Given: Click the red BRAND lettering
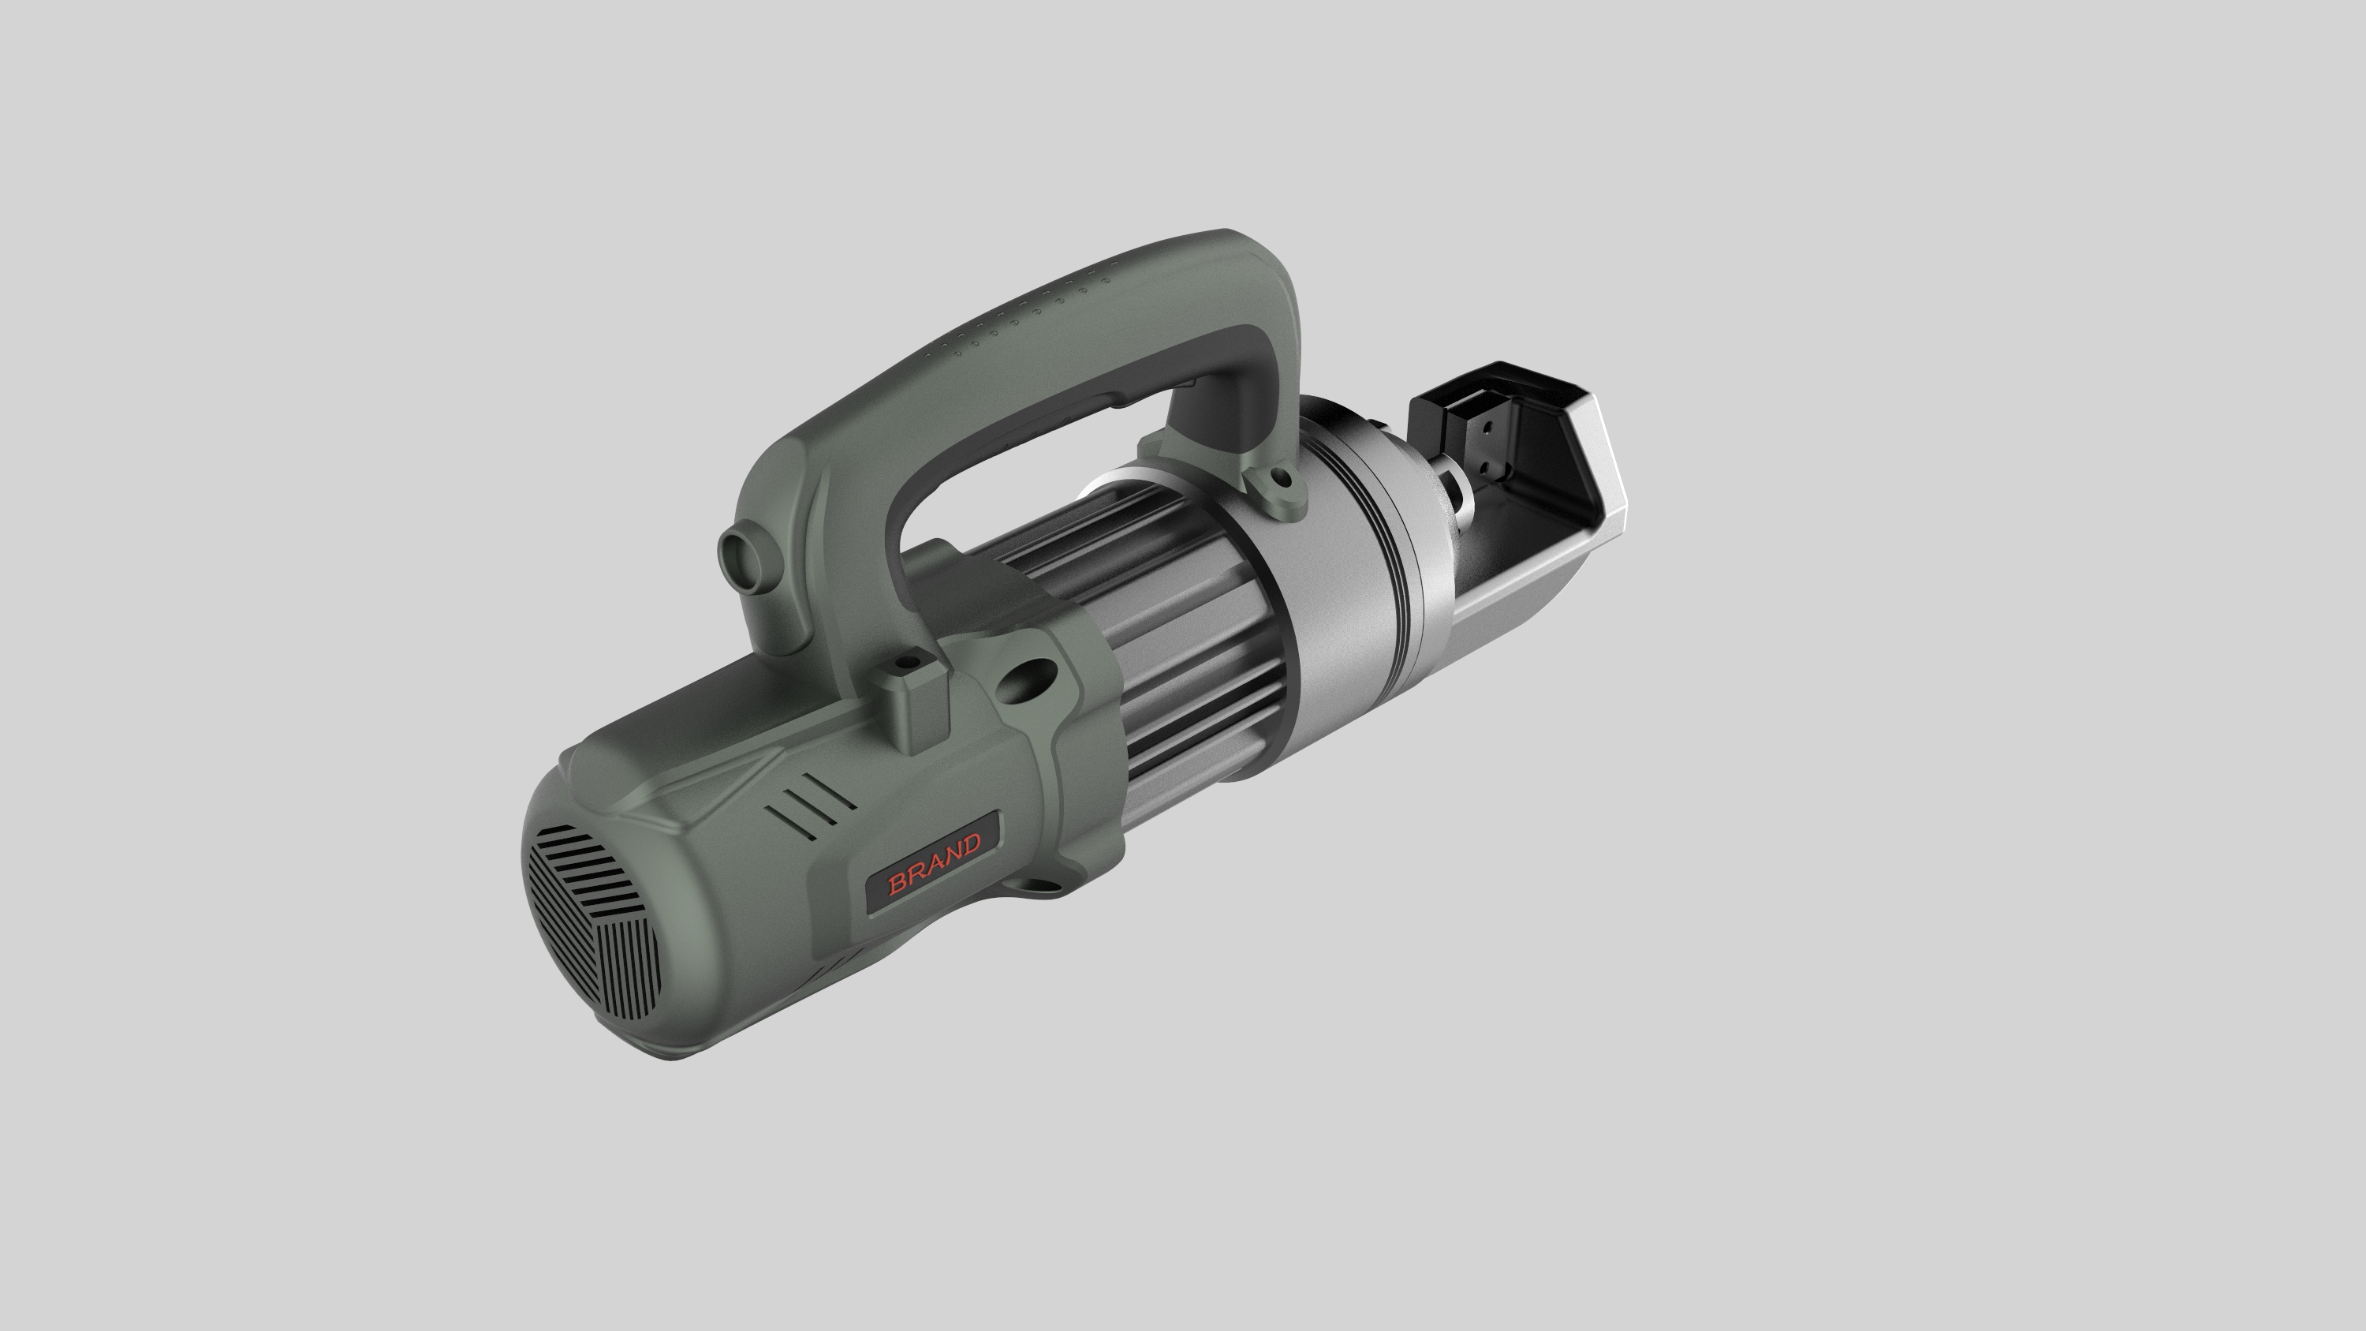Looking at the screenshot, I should point(934,862).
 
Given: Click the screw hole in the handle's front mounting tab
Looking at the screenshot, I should point(1278,479).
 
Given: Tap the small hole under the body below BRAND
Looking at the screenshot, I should point(1039,887).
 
